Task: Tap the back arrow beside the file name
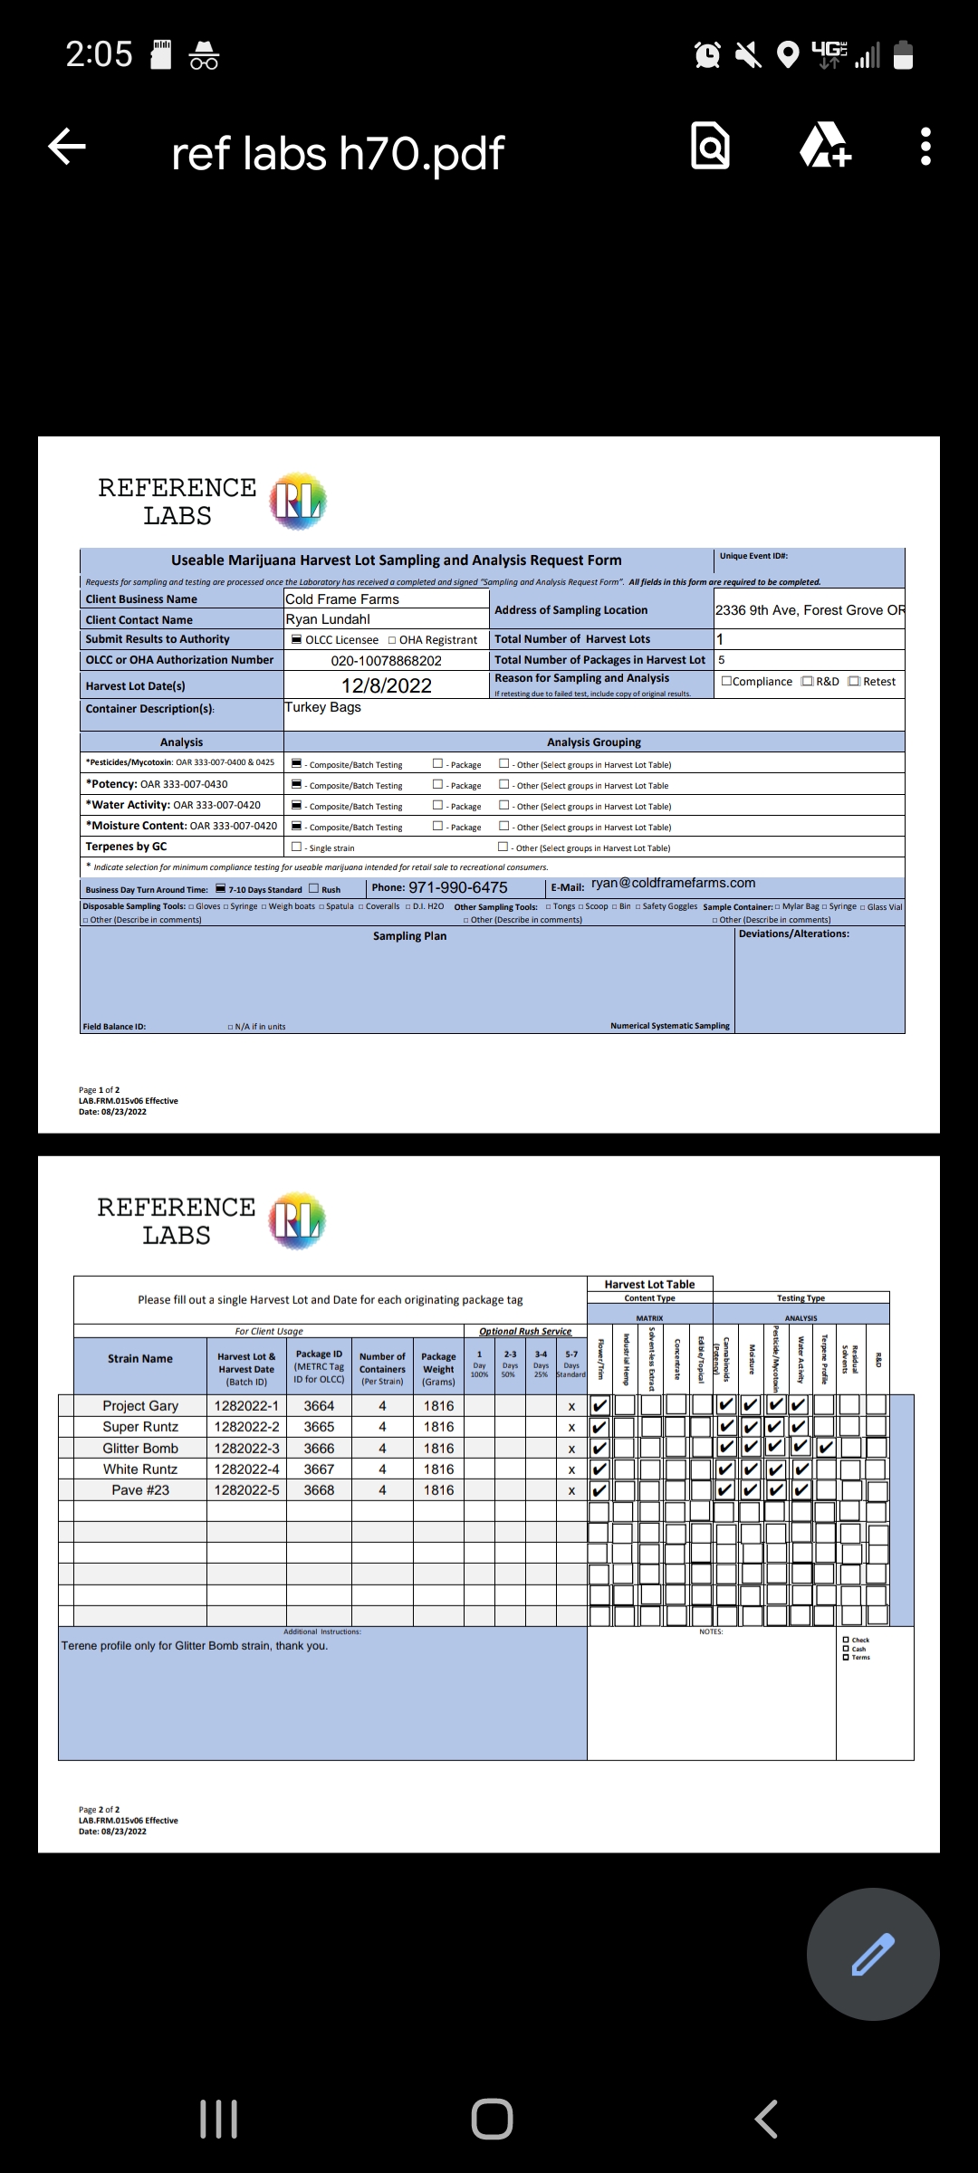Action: coord(67,147)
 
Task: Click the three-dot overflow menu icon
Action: coord(925,147)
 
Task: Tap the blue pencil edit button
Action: coord(873,1954)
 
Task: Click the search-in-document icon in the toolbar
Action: coord(710,147)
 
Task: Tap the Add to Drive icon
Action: coord(825,147)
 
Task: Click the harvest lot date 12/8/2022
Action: coord(387,686)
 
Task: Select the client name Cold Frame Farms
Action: coord(342,599)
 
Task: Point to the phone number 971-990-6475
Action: coord(458,887)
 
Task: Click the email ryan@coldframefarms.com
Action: coord(673,883)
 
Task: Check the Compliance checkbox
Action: coord(726,682)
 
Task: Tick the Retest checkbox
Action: coord(854,682)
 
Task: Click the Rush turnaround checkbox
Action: coord(314,889)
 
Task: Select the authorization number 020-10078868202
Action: coord(387,661)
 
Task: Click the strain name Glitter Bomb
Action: coord(140,1449)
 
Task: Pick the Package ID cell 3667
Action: coord(319,1469)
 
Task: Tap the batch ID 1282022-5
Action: coord(246,1490)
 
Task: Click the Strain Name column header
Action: coord(140,1359)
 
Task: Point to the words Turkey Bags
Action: coord(323,707)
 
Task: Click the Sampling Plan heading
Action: coord(409,936)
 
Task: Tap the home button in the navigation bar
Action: coord(492,2119)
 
